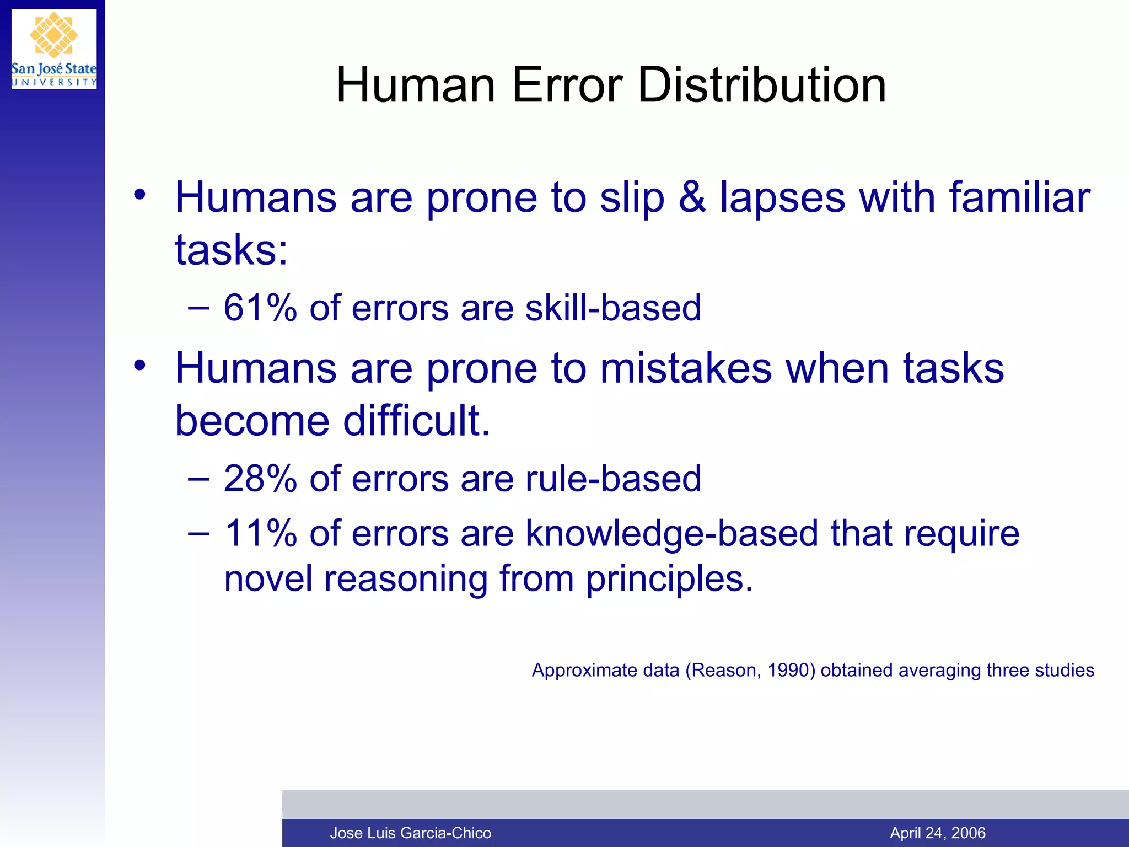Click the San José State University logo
pyautogui.click(x=53, y=49)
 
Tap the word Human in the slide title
pyautogui.click(x=416, y=85)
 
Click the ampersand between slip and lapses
pyautogui.click(x=692, y=197)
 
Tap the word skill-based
pyautogui.click(x=613, y=308)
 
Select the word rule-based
pyautogui.click(x=613, y=479)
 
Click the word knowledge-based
pyautogui.click(x=671, y=534)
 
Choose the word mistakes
pyautogui.click(x=686, y=368)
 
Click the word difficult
pyautogui.click(x=416, y=421)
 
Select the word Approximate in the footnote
pyautogui.click(x=605, y=671)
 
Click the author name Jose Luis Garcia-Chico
pyautogui.click(x=410, y=833)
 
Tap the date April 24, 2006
pyautogui.click(x=938, y=833)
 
